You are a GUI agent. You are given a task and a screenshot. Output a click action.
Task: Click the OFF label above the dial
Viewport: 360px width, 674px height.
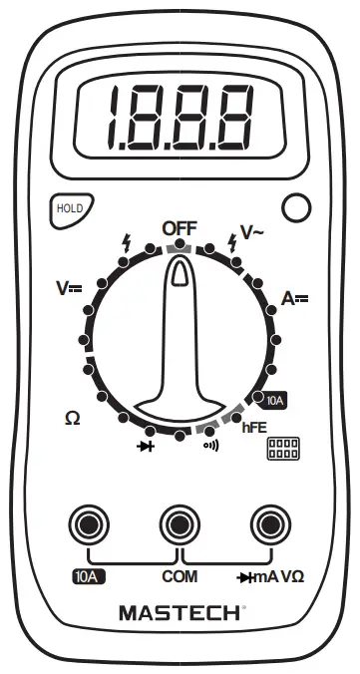[180, 228]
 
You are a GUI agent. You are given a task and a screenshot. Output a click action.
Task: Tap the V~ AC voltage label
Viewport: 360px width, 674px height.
[251, 232]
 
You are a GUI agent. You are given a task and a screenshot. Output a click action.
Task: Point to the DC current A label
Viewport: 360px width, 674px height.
[294, 297]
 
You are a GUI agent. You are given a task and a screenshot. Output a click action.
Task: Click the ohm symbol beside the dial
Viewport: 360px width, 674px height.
[72, 418]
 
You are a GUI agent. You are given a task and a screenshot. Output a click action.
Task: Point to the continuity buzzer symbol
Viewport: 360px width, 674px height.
[210, 445]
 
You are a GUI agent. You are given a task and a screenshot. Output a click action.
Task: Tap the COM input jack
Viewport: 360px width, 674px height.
[180, 523]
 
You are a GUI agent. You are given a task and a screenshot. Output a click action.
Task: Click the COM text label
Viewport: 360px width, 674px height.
[180, 577]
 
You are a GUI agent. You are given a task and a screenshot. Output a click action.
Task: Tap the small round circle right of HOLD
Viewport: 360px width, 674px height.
[296, 207]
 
